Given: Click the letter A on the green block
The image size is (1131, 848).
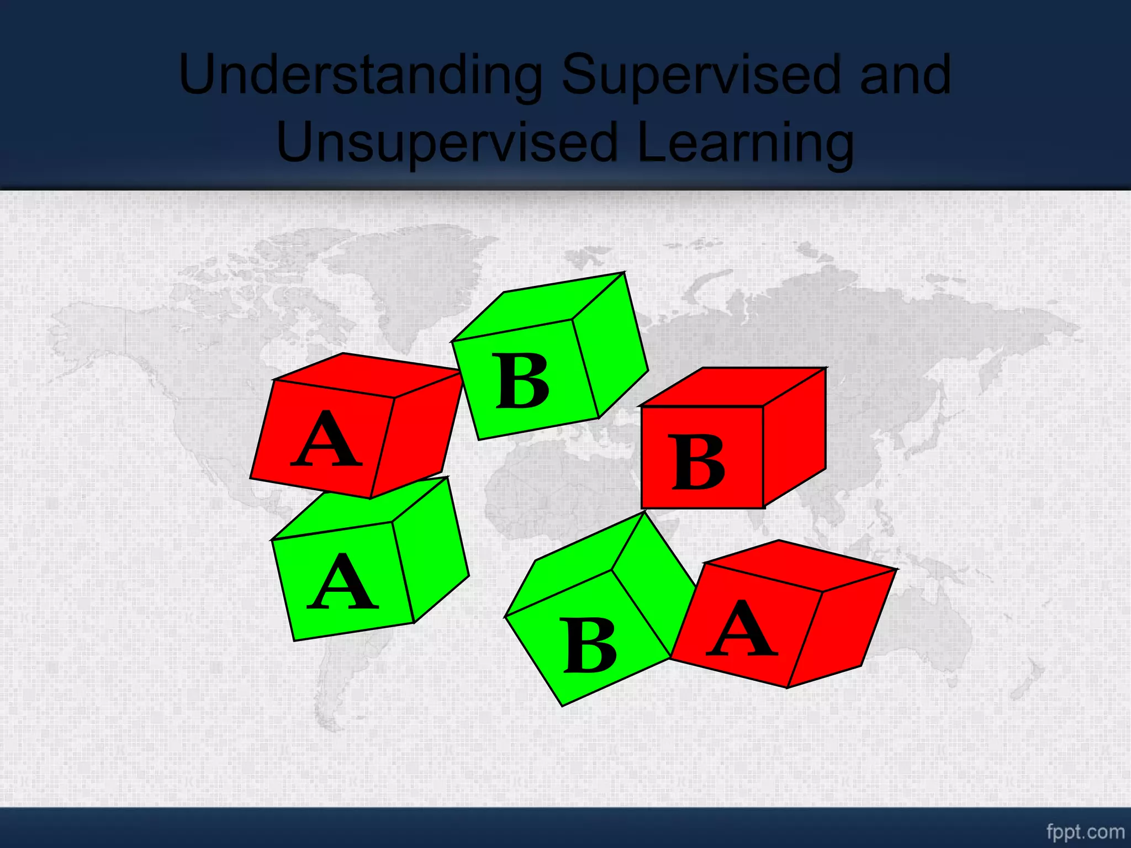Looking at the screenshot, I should tap(342, 582).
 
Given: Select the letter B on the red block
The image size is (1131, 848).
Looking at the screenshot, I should tap(698, 463).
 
